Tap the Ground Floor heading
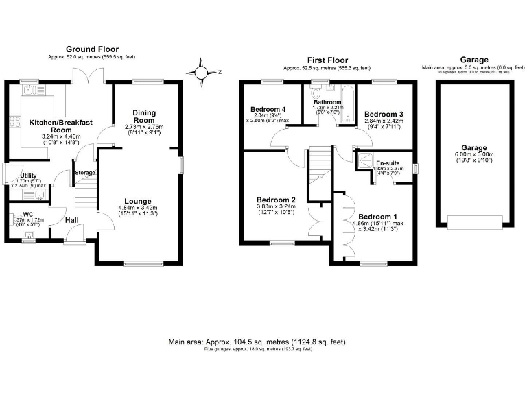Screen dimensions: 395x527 click(x=92, y=49)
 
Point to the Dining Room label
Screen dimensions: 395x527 click(x=144, y=117)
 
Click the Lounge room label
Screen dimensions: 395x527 click(x=139, y=201)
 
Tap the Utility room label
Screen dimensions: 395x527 click(x=28, y=176)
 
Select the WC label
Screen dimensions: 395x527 click(x=28, y=214)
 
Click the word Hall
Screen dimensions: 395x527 click(x=72, y=220)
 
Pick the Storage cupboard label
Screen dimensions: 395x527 click(x=84, y=172)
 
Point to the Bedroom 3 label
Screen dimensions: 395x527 click(x=383, y=113)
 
